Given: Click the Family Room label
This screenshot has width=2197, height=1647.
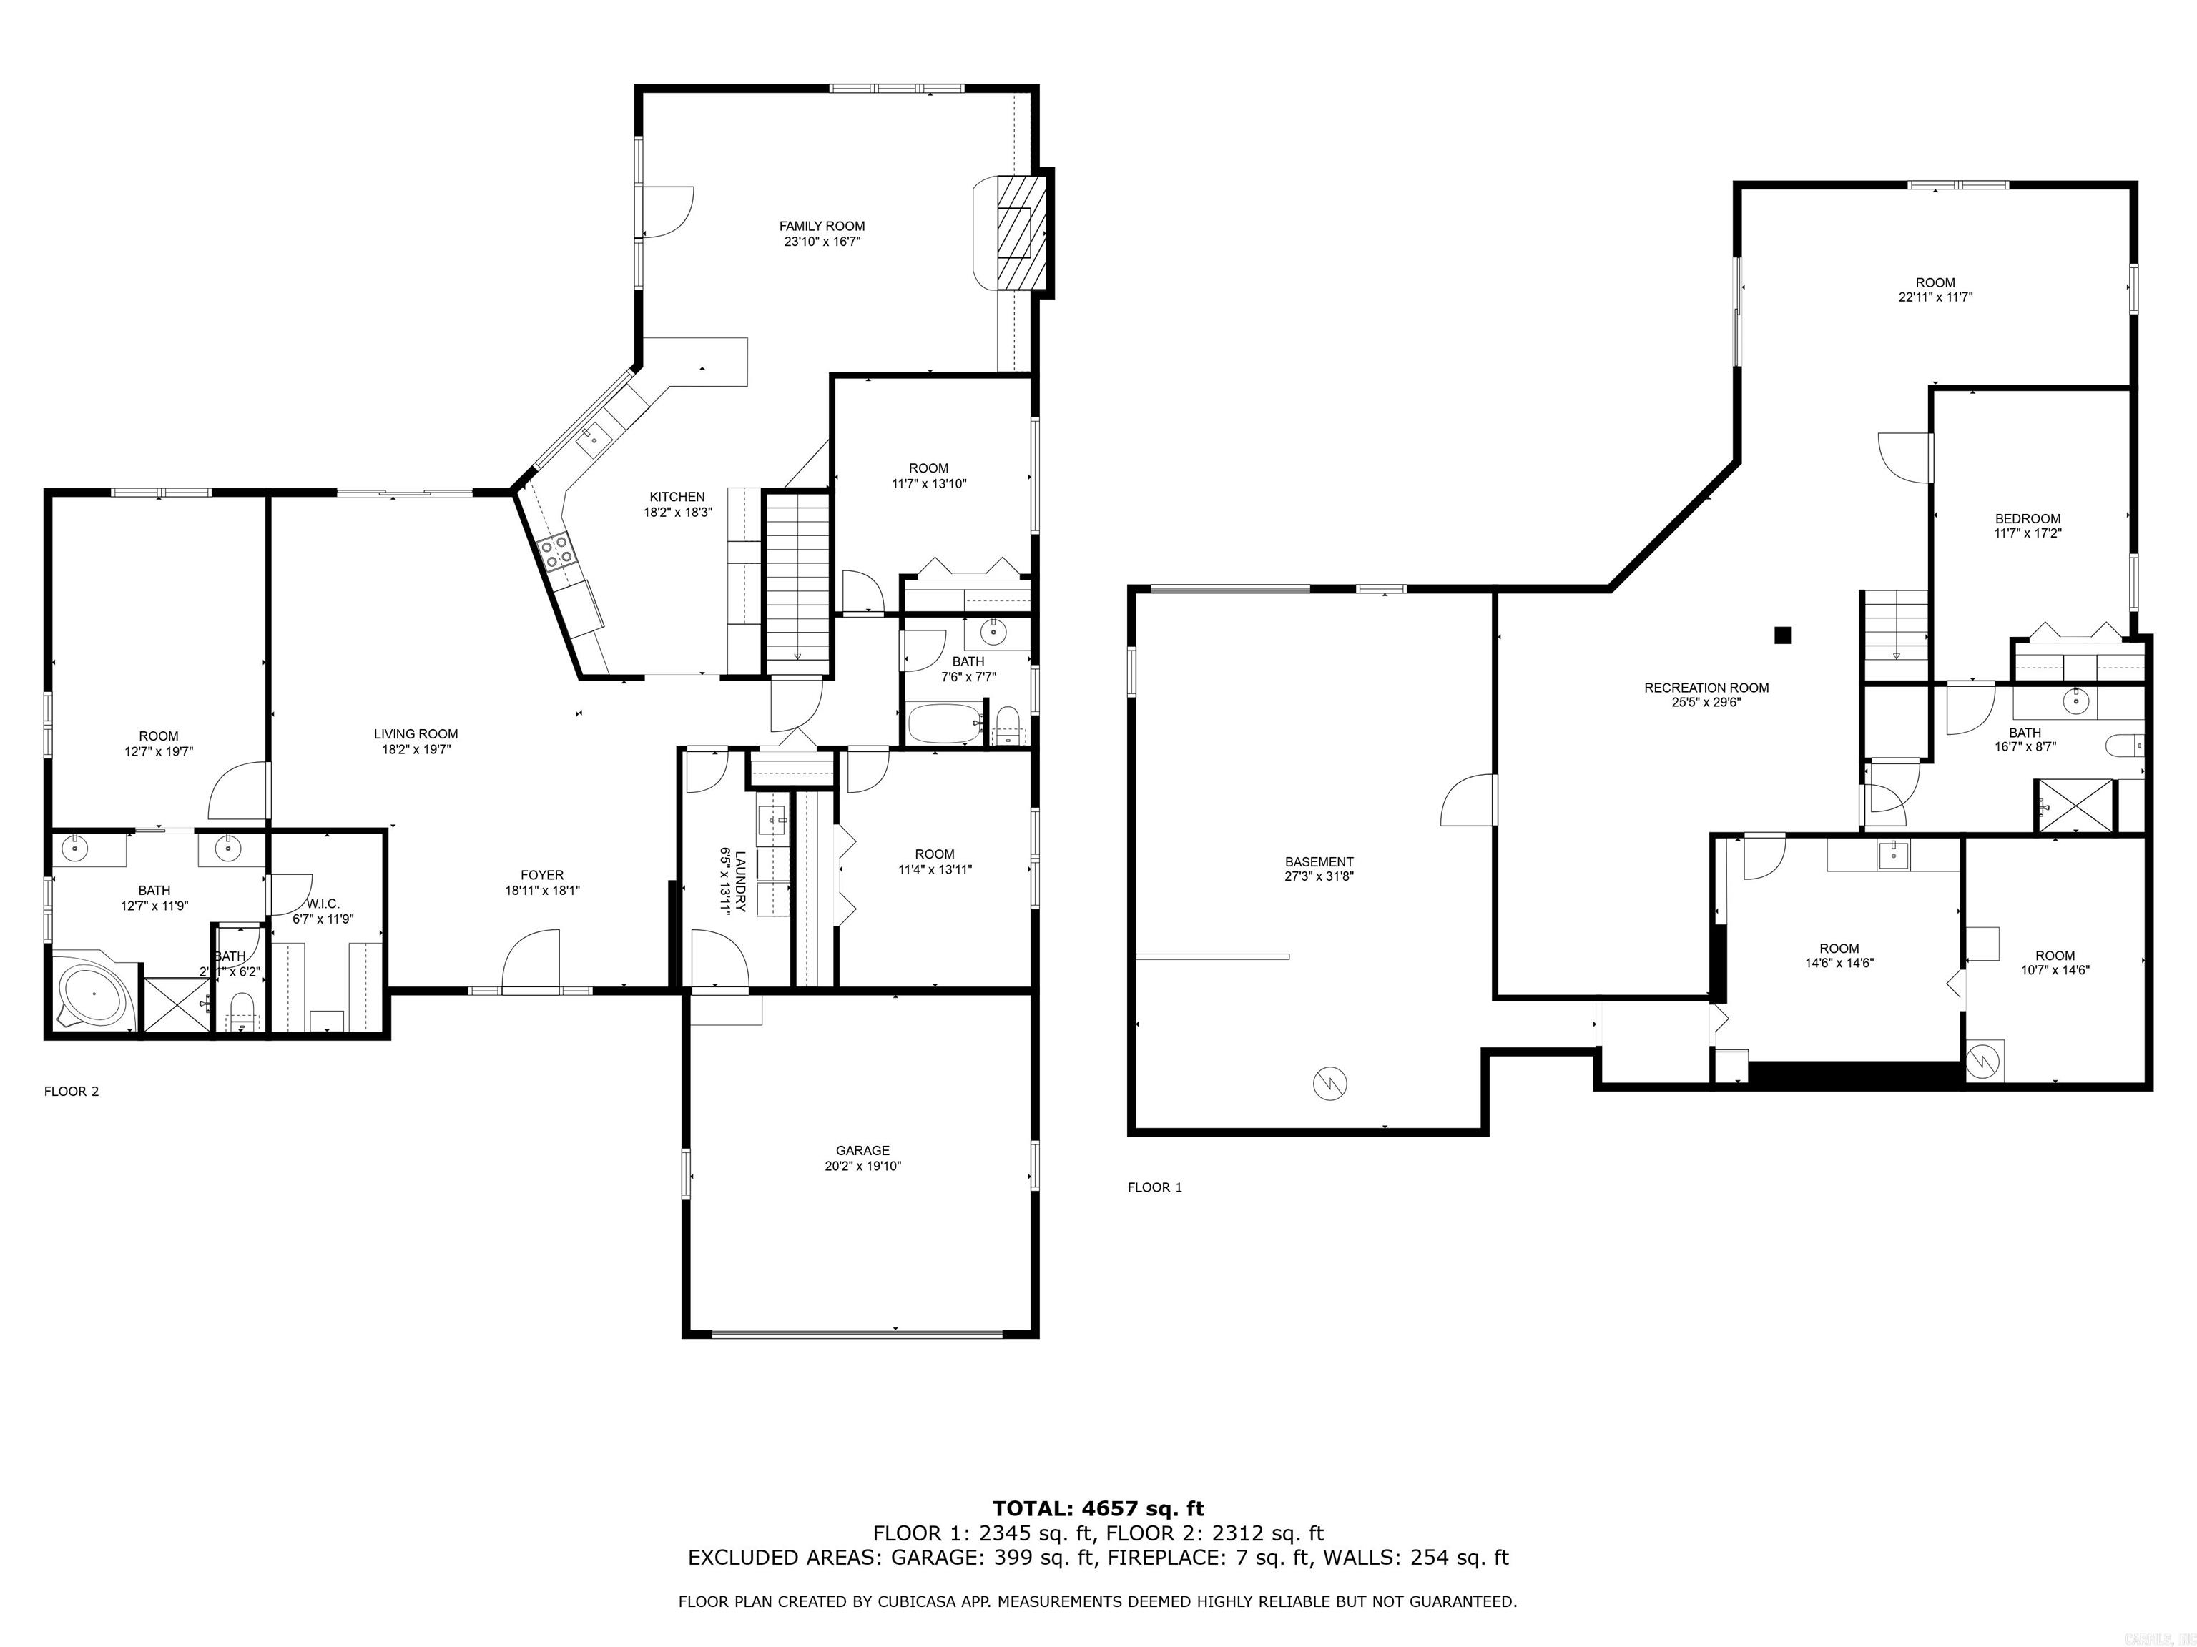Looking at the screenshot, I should tap(822, 227).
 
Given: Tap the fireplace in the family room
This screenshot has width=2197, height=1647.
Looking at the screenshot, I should tap(1015, 232).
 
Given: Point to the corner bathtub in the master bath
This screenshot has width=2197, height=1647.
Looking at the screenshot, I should tap(94, 993).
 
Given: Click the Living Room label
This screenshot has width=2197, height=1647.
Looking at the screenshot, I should tap(416, 735).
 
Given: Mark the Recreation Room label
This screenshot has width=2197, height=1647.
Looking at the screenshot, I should tap(1706, 688).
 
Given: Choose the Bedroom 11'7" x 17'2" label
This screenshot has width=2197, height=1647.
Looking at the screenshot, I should tap(2028, 518).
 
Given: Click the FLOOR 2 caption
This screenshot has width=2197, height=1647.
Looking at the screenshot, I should tap(72, 1091).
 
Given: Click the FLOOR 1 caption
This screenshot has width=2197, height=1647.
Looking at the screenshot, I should tap(1154, 1187).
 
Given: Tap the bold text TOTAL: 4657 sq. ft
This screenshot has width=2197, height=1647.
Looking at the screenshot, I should tap(1098, 1510).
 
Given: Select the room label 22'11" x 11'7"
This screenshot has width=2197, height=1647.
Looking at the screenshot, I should tap(1935, 297).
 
